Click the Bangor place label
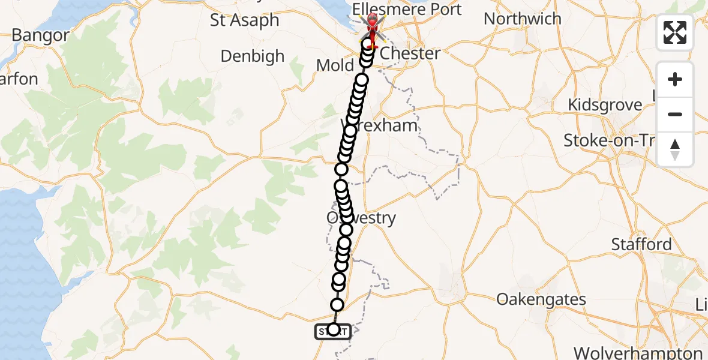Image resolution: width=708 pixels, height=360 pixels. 40,35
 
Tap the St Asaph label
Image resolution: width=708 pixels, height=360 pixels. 245,20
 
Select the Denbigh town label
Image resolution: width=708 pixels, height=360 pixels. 252,56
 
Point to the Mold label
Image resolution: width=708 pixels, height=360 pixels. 334,65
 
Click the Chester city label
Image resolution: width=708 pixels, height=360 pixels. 410,53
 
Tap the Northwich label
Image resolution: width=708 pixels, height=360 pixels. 522,19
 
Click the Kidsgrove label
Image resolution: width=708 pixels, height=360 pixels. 605,105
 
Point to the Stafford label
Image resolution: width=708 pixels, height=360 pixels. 641,244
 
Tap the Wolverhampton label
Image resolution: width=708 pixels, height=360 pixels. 638,353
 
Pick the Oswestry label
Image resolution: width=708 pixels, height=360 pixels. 361,217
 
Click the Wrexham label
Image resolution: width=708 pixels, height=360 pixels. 379,126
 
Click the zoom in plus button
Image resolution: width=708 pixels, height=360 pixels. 675,79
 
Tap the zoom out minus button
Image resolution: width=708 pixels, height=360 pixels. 675,114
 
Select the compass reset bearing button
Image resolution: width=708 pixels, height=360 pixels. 675,149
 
